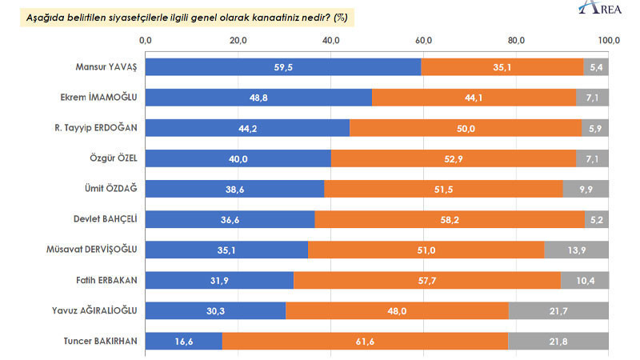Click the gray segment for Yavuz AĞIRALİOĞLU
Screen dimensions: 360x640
559,310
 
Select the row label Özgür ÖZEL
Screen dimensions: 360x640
116,158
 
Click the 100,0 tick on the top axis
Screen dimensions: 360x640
609,39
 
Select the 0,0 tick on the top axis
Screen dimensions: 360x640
145,39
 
